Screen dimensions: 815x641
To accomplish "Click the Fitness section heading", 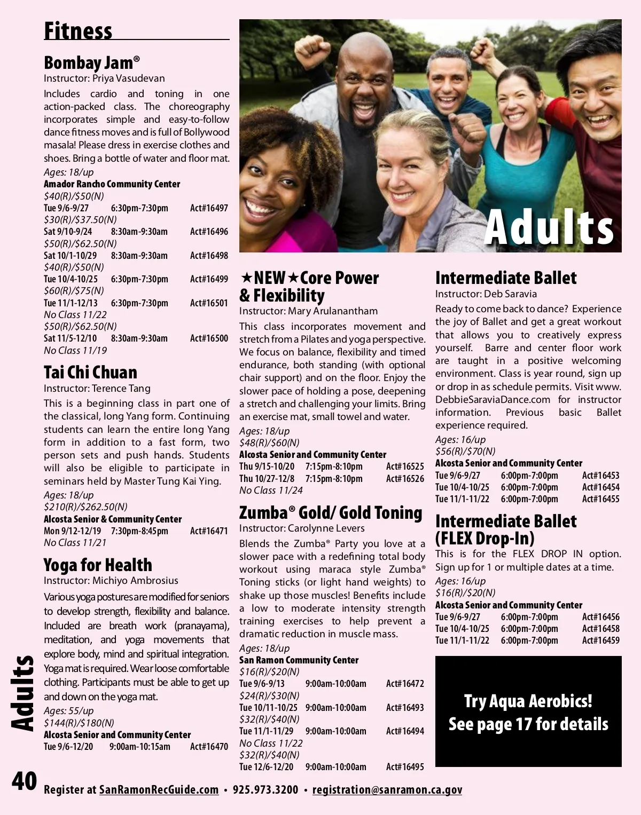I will tap(78, 30).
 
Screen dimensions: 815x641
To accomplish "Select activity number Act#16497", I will tap(209, 208).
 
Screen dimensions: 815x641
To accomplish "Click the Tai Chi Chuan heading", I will tap(90, 372).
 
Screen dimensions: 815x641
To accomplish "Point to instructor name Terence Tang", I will tap(121, 389).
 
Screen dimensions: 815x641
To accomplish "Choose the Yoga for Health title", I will tap(98, 565).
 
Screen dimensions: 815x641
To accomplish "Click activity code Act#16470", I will tap(209, 747).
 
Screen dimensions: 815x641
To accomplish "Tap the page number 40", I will tap(24, 782).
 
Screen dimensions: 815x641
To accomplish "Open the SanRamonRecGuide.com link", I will tap(159, 790).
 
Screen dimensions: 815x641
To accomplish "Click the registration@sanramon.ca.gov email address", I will tap(387, 790).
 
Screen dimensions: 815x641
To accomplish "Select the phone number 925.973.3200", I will tap(265, 790).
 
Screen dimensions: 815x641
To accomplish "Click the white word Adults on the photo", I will tap(549, 227).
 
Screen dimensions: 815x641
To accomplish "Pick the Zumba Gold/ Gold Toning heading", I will tap(331, 512).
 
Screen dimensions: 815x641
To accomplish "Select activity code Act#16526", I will tap(405, 479).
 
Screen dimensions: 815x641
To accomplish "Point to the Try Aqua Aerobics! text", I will tap(528, 701).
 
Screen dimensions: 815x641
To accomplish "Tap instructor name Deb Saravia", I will tap(510, 294).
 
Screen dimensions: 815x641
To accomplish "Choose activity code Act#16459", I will tap(601, 640).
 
